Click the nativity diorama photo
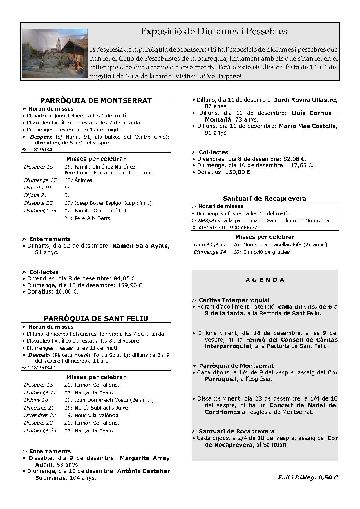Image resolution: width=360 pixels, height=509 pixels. coord(55,53)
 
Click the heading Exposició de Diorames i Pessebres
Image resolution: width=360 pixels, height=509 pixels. coord(214,31)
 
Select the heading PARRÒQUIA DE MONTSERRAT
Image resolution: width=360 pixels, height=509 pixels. coord(96,101)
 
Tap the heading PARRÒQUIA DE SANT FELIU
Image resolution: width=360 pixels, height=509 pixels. coord(96,318)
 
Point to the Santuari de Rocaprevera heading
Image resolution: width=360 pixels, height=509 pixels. coord(265,199)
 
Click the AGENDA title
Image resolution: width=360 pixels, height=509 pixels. coord(265,280)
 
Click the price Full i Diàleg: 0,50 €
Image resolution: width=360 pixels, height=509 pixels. coord(308,477)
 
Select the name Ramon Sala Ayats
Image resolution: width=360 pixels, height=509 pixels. coord(140,246)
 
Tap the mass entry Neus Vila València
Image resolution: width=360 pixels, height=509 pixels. coord(97,415)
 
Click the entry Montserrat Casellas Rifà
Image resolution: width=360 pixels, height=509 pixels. coord(273,244)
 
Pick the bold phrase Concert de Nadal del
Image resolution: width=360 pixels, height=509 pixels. coord(303,405)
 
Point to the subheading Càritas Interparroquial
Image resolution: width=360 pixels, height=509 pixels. coord(234,300)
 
